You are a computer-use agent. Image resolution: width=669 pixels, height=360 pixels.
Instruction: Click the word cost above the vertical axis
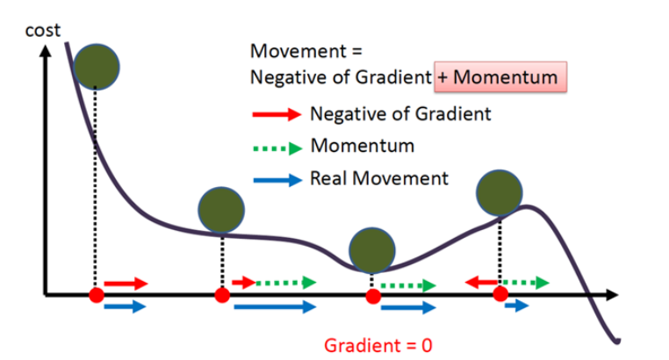(42, 31)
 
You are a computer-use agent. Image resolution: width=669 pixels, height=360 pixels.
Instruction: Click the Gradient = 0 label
(378, 345)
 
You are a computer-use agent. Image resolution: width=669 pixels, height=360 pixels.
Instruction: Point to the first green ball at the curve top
(97, 65)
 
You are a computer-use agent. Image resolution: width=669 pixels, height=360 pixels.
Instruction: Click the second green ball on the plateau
(220, 209)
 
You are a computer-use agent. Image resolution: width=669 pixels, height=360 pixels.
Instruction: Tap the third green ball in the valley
(371, 250)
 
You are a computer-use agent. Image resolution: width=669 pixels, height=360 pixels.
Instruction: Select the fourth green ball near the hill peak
(500, 191)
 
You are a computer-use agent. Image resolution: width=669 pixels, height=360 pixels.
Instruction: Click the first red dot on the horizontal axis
(97, 295)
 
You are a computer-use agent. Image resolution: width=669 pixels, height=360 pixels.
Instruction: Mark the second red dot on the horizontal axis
(221, 295)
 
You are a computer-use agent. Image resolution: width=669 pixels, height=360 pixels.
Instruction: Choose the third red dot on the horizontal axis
(373, 296)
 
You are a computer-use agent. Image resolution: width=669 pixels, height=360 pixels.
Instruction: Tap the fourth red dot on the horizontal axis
(500, 295)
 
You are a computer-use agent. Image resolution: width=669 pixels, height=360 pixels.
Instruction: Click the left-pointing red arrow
(479, 282)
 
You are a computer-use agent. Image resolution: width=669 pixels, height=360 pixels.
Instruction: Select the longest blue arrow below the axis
(274, 306)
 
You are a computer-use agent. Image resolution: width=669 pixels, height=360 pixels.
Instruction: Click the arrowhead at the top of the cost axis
(41, 50)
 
